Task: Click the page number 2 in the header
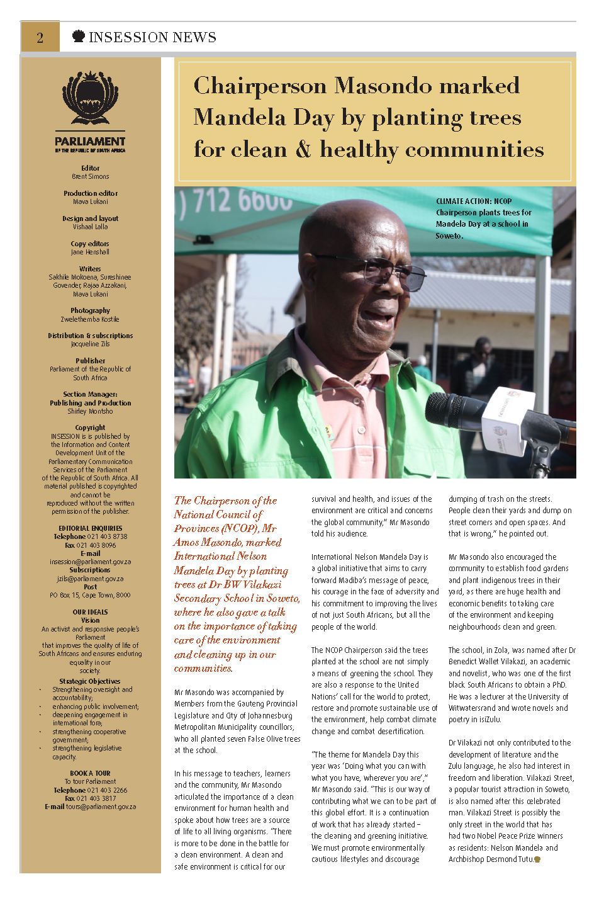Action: [x=40, y=38]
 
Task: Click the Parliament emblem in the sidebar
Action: [x=90, y=99]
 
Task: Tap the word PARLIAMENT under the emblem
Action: [x=90, y=142]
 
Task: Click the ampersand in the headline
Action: [x=303, y=150]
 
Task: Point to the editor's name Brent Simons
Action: [x=90, y=177]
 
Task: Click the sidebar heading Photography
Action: [x=90, y=310]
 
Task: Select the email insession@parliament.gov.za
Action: [x=90, y=562]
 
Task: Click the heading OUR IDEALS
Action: [x=90, y=612]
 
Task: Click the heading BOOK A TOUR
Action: [x=90, y=773]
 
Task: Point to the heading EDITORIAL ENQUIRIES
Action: [x=90, y=528]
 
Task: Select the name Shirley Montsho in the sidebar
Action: [x=90, y=412]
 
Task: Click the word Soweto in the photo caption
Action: [x=449, y=236]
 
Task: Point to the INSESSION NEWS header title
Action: [x=152, y=38]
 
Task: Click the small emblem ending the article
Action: [x=537, y=859]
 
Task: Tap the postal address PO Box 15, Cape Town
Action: [x=90, y=595]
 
